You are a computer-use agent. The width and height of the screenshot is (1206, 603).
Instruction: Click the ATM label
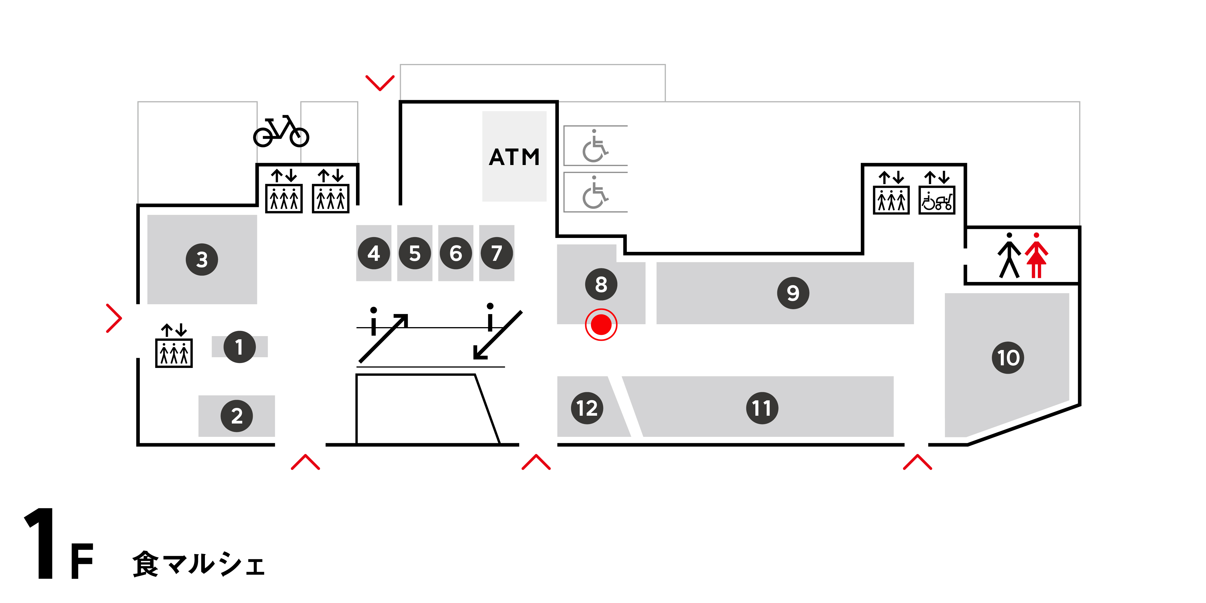pyautogui.click(x=514, y=157)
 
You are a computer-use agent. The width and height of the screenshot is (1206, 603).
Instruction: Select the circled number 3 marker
pyautogui.click(x=202, y=259)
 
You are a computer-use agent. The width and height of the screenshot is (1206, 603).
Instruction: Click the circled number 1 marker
pyautogui.click(x=239, y=347)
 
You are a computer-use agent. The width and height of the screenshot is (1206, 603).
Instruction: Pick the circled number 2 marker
pyautogui.click(x=237, y=416)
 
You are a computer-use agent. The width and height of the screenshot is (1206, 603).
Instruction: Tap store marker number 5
pyautogui.click(x=414, y=253)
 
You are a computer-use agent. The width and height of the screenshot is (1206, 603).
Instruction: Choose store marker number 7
pyautogui.click(x=497, y=253)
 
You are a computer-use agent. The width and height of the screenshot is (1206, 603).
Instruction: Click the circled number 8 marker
pyautogui.click(x=601, y=284)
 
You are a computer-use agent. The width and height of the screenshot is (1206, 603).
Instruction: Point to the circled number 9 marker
pyautogui.click(x=793, y=293)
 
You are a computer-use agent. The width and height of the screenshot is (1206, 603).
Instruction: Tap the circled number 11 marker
pyautogui.click(x=762, y=408)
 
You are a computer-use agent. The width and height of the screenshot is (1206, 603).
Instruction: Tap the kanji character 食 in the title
pyautogui.click(x=146, y=564)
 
